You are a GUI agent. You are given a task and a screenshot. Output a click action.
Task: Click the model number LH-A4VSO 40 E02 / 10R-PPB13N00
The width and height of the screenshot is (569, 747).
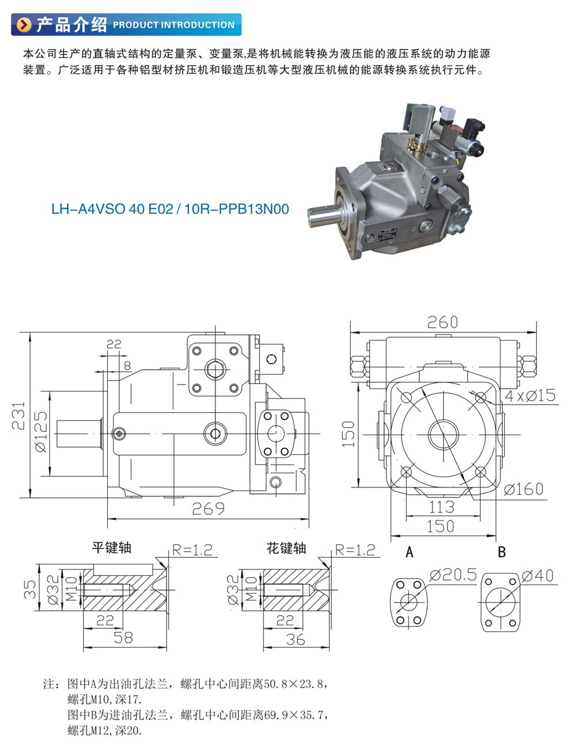170,209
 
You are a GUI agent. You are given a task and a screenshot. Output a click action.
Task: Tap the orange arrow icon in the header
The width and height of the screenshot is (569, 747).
24,25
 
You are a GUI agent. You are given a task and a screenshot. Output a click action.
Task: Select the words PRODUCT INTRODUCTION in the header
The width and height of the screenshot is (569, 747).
174,25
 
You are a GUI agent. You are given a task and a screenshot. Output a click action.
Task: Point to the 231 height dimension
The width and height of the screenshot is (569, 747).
18,416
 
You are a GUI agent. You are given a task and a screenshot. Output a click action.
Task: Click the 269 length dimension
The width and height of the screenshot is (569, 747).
208,508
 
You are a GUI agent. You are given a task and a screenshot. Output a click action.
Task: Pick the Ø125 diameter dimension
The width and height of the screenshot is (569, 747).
41,432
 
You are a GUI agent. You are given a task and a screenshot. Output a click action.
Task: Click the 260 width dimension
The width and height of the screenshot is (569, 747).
442,322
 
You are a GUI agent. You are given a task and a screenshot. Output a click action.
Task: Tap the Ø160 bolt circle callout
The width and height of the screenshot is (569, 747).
524,489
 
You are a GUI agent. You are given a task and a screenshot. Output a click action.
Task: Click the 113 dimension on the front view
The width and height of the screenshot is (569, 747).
442,507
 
